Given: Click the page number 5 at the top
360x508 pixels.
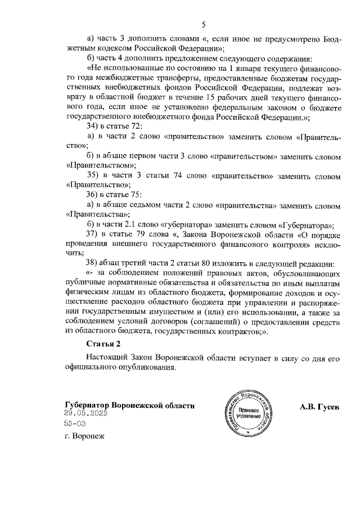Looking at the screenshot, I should coord(205,24).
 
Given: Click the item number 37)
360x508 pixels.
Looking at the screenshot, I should coord(91,233).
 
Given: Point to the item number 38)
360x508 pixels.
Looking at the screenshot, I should coord(91,263).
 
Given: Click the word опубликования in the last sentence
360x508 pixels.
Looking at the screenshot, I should coord(148,368).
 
